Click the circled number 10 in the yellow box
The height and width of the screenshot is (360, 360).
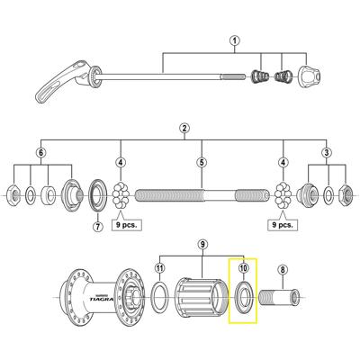[243, 267]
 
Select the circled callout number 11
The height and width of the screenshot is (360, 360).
[160, 267]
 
